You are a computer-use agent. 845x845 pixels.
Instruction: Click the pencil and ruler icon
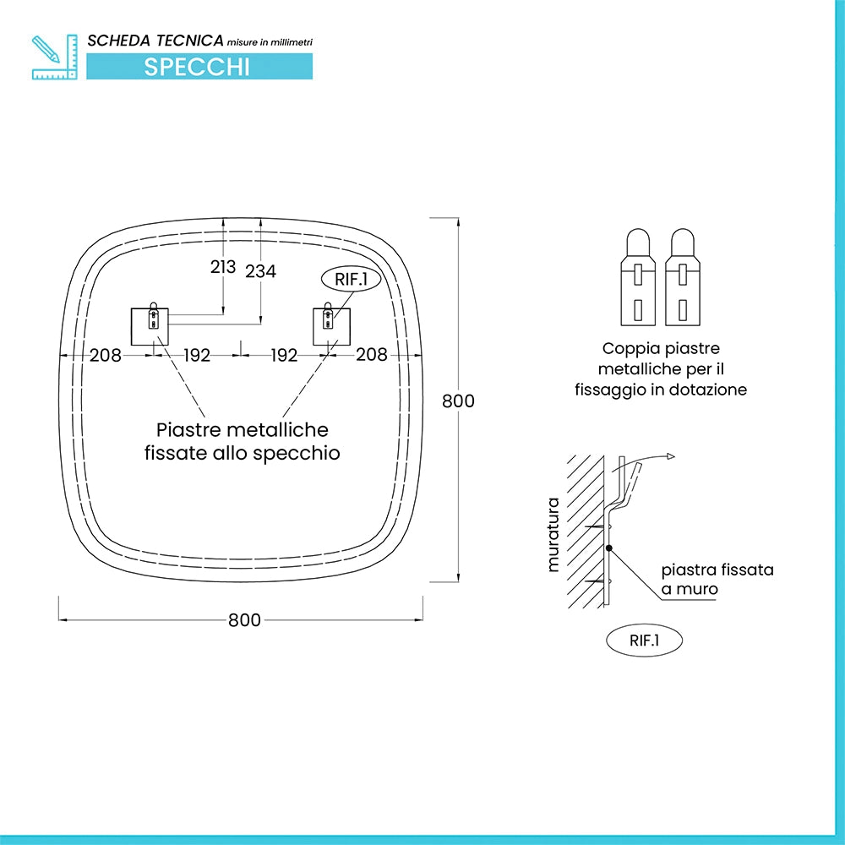[55, 57]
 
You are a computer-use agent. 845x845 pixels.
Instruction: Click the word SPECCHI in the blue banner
[197, 67]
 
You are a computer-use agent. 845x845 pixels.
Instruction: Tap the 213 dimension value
[223, 266]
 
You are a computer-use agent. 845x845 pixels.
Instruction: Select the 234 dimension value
[261, 271]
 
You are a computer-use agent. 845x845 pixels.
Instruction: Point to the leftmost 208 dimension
[106, 355]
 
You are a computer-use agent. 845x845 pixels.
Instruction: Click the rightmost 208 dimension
[372, 354]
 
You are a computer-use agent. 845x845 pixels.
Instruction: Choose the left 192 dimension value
[197, 355]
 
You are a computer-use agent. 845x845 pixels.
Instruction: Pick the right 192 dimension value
[284, 355]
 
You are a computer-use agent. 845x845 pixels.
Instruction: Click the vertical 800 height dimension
[458, 401]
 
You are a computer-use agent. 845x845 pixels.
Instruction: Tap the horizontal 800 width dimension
[245, 619]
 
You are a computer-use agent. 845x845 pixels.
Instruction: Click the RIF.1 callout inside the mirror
[352, 279]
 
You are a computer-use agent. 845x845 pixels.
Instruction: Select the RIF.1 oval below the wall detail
[645, 641]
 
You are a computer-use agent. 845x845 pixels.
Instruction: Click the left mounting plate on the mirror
[150, 326]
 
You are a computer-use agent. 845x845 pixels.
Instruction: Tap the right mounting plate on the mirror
[332, 326]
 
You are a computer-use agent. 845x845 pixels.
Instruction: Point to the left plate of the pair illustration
[638, 277]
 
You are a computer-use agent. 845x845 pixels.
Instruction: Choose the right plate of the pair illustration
[683, 277]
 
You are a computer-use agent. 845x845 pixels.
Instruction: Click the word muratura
[553, 534]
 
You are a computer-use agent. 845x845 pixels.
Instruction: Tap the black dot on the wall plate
[608, 548]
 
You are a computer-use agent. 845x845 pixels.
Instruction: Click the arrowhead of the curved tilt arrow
[671, 456]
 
